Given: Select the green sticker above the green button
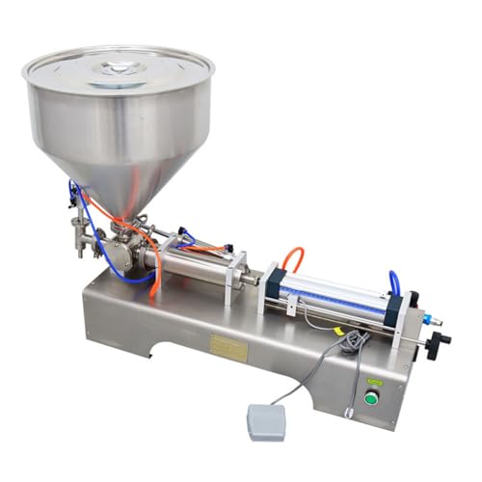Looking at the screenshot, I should [374, 384].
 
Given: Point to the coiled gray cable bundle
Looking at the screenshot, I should [355, 340].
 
